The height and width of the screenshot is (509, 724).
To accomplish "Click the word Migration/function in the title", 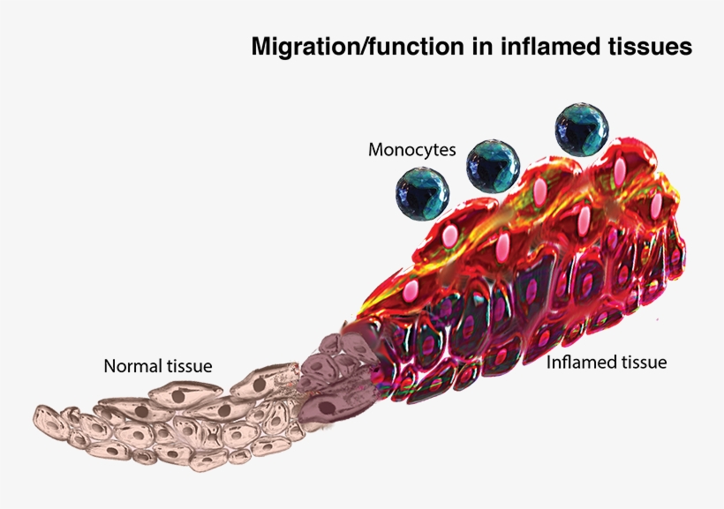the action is coord(358,47).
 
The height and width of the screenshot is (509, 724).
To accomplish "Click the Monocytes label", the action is coord(411,149).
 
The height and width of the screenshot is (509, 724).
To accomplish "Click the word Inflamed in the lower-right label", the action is coord(580,363).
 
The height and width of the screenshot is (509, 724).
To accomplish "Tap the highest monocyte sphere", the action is coord(581,129).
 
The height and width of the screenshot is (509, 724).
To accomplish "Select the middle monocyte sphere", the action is coord(493,165).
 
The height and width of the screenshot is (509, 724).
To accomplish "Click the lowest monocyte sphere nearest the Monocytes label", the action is coord(423,194).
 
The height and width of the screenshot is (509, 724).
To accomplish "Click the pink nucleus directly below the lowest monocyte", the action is coord(449,236).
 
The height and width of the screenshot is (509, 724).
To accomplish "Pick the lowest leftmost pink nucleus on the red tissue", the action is coord(411,291).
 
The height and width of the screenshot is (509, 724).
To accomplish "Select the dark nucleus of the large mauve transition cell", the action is coord(328,408).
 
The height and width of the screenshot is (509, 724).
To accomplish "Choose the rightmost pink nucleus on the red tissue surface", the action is coord(656,206).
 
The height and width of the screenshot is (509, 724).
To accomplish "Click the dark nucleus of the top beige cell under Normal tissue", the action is coord(177,395).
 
